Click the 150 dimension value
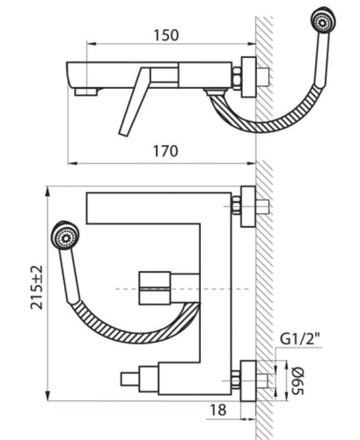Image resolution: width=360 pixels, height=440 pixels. click(x=165, y=35)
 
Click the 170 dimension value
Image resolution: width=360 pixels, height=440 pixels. click(x=165, y=150)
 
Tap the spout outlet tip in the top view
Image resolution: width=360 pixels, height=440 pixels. click(x=85, y=90)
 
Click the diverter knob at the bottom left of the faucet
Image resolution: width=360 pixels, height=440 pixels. click(x=130, y=380)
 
